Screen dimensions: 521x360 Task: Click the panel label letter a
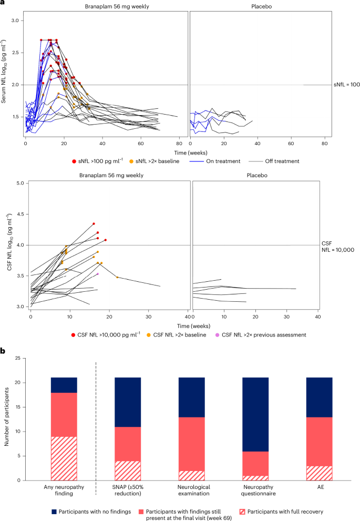click(3, 4)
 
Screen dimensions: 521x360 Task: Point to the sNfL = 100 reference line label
click(346, 85)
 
